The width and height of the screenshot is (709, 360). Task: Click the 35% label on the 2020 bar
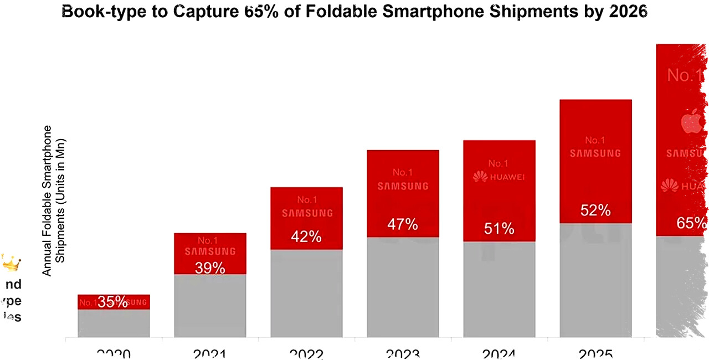click(x=113, y=302)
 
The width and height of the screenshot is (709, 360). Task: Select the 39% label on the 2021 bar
click(x=210, y=268)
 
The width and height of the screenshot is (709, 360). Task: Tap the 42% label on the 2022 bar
click(x=306, y=236)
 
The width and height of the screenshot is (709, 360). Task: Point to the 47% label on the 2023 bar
click(x=403, y=224)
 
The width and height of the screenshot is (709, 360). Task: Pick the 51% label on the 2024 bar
click(x=499, y=229)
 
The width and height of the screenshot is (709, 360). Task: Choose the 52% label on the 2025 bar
click(x=595, y=210)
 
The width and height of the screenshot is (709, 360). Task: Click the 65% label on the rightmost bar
click(x=691, y=223)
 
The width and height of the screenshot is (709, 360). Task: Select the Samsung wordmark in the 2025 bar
click(x=595, y=153)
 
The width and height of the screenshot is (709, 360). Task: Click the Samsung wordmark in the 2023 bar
click(x=403, y=187)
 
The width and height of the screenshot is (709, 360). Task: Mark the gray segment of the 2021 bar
click(x=210, y=306)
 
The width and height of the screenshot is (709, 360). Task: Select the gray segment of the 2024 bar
click(x=499, y=289)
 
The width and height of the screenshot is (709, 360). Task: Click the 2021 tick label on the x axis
click(x=210, y=354)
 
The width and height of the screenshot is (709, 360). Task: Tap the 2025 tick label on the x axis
click(x=595, y=354)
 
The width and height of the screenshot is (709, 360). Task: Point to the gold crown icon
click(x=11, y=263)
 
